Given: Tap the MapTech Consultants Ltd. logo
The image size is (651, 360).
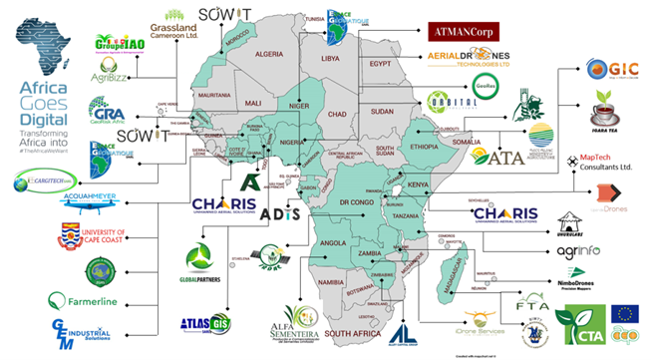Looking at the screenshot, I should (x=602, y=162).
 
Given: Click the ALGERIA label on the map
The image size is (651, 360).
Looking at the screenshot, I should (x=271, y=53).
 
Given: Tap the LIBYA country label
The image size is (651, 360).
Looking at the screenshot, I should (x=328, y=59).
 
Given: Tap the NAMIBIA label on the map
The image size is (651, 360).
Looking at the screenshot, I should (x=331, y=285).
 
